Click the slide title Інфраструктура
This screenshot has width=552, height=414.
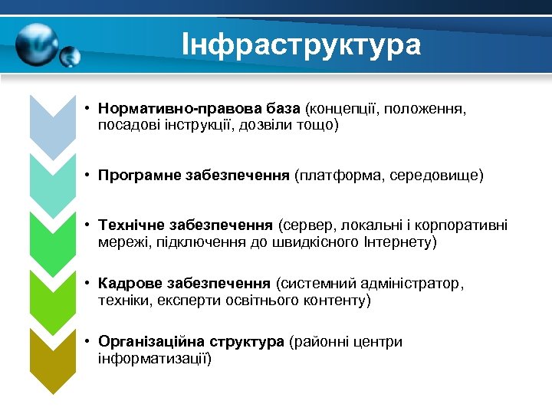pyautogui.click(x=301, y=45)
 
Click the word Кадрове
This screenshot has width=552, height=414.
pyautogui.click(x=127, y=284)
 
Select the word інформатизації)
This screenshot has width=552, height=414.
pyautogui.click(x=155, y=358)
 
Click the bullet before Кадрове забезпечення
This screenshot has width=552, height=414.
pyautogui.click(x=89, y=284)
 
